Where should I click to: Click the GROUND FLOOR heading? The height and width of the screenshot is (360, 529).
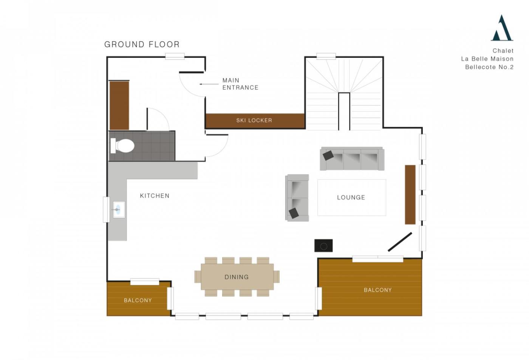pos(142,45)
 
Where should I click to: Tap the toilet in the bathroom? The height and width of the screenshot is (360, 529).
pos(122,146)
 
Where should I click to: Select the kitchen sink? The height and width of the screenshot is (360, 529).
pos(119,209)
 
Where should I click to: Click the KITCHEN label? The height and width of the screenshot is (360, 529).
pos(155,196)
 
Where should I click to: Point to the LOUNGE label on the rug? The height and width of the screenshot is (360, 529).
pos(351,197)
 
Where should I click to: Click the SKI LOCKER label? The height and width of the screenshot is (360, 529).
pos(254,120)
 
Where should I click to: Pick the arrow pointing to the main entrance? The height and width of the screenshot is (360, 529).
pos(209,84)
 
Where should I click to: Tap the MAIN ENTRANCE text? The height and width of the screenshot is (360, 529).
pos(240,84)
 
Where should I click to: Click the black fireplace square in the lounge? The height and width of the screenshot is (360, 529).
pos(323,245)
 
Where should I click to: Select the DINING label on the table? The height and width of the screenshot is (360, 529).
pos(237,277)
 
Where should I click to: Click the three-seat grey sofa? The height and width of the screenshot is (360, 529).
pos(352,158)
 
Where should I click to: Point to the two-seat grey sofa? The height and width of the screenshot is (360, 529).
pos(297,198)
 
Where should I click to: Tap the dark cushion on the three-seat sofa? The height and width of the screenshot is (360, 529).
pos(328,155)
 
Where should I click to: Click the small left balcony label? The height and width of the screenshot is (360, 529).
pos(138,300)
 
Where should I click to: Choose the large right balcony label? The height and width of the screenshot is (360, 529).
pos(377,290)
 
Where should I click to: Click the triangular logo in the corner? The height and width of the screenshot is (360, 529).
pos(502,28)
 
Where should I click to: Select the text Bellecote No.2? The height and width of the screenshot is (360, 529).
pos(489,67)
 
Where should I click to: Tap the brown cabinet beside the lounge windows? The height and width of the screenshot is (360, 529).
pos(410,194)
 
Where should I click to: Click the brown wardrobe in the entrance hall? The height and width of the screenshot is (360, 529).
pos(119,106)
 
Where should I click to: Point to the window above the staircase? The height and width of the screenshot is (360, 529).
pos(326,56)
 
